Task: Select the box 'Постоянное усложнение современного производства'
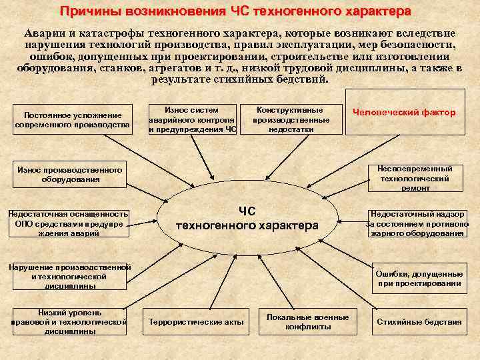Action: coord(73,120)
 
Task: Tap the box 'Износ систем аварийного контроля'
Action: coord(192,119)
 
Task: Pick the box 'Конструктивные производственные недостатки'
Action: coord(291,119)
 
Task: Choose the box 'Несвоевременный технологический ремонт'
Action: coord(415,178)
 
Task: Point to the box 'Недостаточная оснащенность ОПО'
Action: coord(68,223)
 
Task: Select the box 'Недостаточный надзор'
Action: coord(417,224)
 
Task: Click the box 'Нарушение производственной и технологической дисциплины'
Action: coord(69,276)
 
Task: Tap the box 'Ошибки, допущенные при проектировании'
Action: coord(419,279)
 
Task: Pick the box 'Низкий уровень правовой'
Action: coord(70,321)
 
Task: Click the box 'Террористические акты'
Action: coord(196,322)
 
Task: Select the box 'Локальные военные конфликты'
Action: coord(307,322)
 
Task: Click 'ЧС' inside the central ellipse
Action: coord(247,211)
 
